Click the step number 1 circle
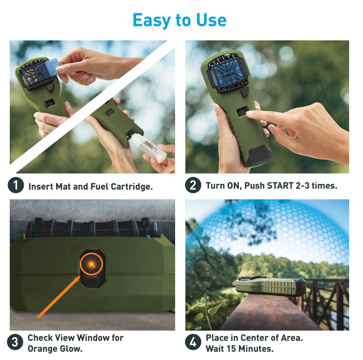tap(15, 186)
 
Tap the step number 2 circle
tap(193, 186)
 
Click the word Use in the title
tap(212, 20)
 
